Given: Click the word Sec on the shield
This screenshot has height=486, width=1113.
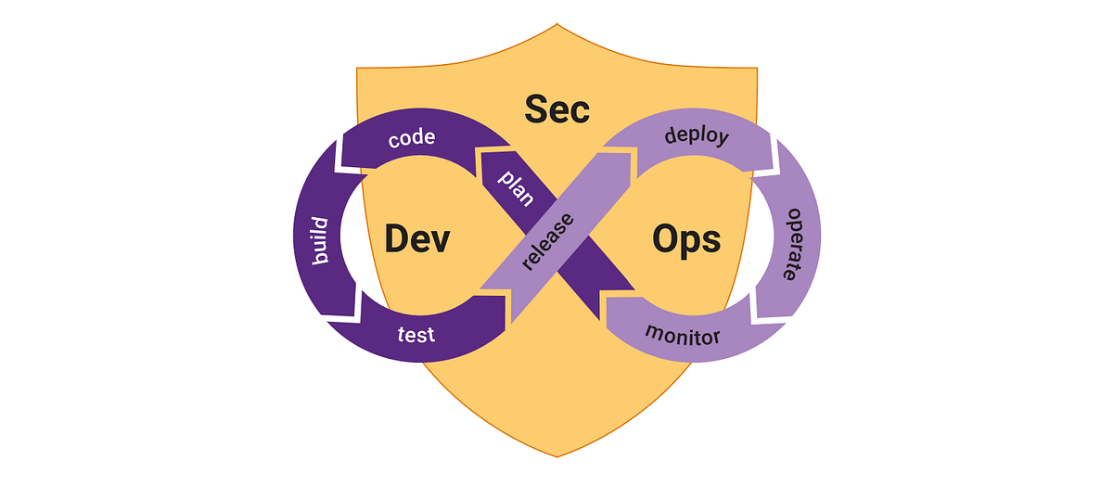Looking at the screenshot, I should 556,109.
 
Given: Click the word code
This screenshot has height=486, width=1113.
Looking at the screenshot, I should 412,140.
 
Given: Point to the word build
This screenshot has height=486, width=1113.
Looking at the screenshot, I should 321,240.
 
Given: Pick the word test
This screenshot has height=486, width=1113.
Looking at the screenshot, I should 416,334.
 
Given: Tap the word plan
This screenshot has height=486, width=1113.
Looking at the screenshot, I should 517,187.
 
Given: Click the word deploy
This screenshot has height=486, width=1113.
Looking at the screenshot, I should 697,137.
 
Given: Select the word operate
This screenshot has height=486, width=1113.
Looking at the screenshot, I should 791,244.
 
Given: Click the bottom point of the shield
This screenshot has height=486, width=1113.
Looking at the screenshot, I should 556,456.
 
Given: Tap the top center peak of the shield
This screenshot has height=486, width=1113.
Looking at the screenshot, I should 556,26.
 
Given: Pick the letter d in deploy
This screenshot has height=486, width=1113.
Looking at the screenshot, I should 672,136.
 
